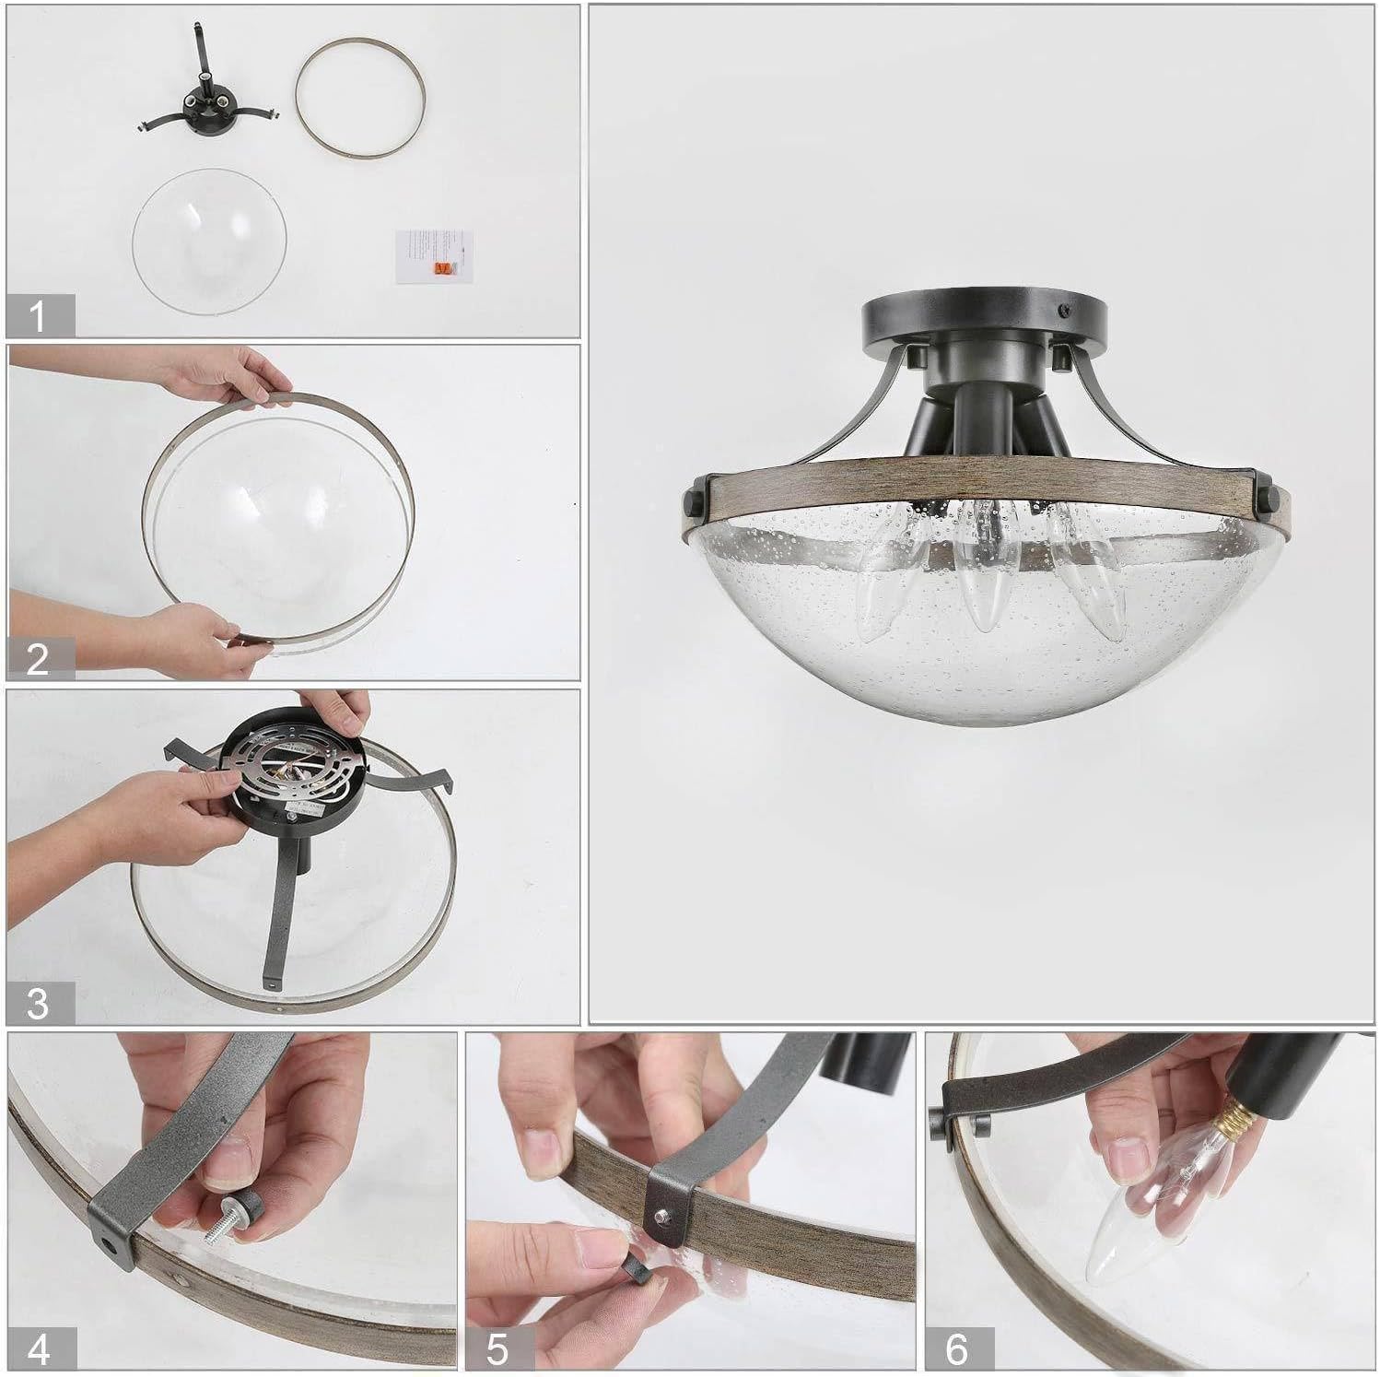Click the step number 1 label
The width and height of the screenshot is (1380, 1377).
click(x=38, y=316)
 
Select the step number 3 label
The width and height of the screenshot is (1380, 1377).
click(x=38, y=1003)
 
